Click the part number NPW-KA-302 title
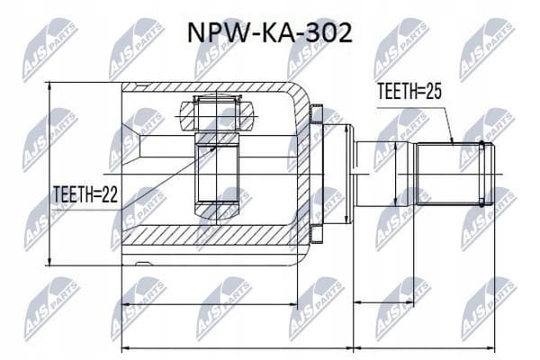[x=270, y=33]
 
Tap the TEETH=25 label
[x=409, y=91]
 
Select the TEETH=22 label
[x=85, y=194]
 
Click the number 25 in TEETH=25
[x=433, y=91]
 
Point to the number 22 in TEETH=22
[x=110, y=194]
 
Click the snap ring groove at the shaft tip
[x=481, y=175]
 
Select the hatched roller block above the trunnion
[x=217, y=115]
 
